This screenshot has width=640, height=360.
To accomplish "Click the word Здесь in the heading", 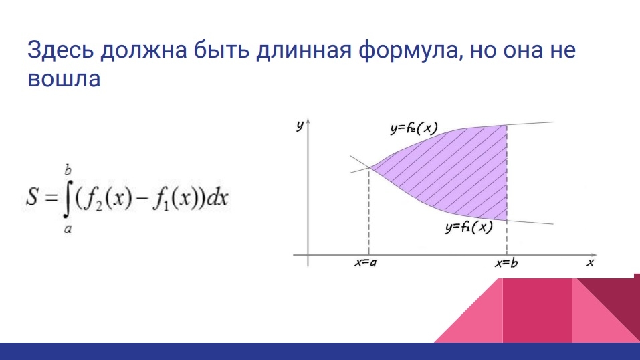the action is tap(60, 50).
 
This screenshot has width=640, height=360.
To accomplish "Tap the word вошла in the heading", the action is tap(64, 78).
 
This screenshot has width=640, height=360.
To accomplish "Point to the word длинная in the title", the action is tap(304, 50).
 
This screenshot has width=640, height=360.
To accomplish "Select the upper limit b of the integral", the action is tap(68, 169).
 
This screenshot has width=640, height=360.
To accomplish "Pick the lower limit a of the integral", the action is tap(68, 230).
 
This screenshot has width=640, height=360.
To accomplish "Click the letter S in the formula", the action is tap(32, 196).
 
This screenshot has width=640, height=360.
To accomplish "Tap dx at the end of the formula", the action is tap(217, 197).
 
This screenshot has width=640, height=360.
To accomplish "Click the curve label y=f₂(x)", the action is tap(414, 128).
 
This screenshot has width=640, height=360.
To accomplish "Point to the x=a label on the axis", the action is tap(365, 263).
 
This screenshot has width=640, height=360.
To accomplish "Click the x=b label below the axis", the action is tap(506, 263).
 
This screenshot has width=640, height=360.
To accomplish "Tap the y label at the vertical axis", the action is tap(300, 125).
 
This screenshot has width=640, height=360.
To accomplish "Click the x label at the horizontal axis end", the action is tap(591, 262).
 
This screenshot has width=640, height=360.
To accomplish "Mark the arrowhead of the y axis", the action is tap(308, 121).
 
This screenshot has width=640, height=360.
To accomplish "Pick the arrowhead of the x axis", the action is tap(594, 255).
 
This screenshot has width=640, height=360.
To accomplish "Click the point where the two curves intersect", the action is tap(369, 167).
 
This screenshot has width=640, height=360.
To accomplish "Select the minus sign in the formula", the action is tap(142, 199).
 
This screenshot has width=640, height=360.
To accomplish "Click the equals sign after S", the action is tap(51, 198).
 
